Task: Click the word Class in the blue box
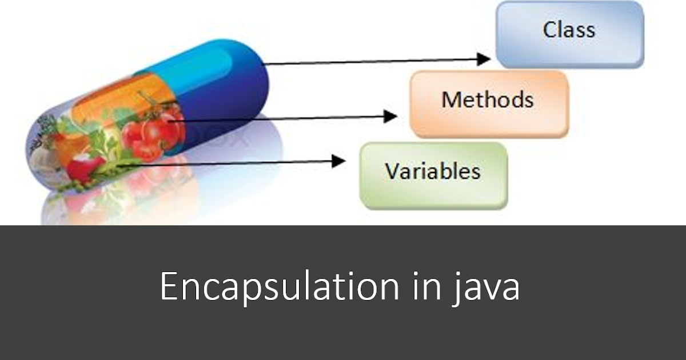click(x=569, y=30)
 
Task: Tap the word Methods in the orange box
click(x=487, y=100)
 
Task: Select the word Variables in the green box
click(x=432, y=171)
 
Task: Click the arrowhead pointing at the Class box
click(x=484, y=58)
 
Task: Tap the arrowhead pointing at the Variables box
click(x=339, y=161)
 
